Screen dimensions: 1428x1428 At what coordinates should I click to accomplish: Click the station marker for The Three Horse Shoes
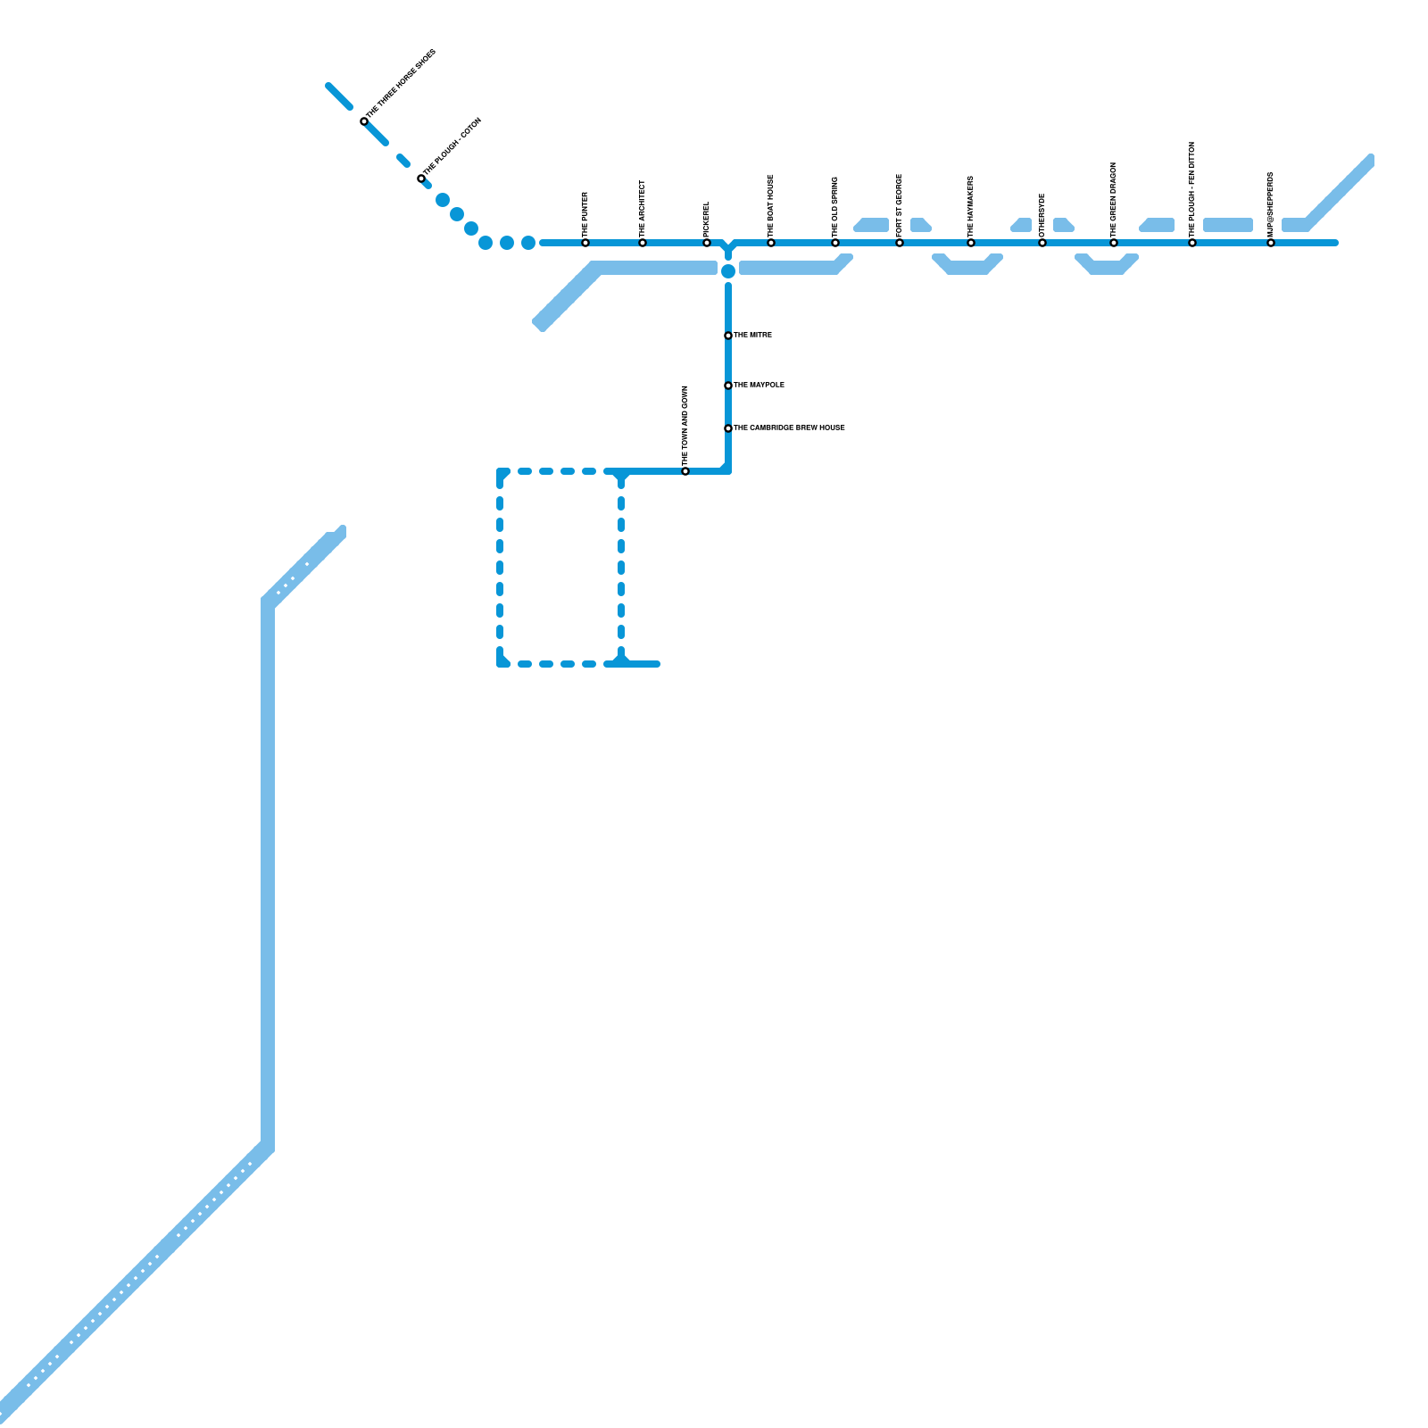(364, 121)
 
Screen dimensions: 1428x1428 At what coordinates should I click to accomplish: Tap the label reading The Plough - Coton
(452, 146)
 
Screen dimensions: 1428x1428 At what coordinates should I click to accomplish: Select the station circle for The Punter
(585, 243)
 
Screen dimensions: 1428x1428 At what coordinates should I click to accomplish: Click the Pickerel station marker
(707, 243)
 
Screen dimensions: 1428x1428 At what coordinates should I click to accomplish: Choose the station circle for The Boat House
(771, 243)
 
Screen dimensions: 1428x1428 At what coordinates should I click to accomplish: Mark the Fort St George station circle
(900, 243)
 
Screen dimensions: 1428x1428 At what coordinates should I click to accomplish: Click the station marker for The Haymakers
(971, 243)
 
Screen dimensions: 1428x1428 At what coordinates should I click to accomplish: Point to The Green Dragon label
(1114, 198)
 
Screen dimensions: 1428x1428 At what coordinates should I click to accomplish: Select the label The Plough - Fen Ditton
(1192, 188)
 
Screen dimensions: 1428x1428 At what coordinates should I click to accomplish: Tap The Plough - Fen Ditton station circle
(1192, 243)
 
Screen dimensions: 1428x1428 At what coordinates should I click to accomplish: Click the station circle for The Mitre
(728, 336)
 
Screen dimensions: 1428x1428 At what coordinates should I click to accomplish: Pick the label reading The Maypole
(759, 386)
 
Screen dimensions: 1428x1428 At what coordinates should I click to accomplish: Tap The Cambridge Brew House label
(789, 428)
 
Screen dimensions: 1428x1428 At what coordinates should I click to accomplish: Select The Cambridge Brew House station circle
(728, 428)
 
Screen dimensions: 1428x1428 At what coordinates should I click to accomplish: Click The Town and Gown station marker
(685, 471)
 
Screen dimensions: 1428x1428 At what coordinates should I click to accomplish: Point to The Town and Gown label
(685, 424)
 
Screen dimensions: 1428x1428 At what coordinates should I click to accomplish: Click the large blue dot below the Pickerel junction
(728, 271)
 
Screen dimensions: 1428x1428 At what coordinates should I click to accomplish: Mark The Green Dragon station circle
(1114, 243)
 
